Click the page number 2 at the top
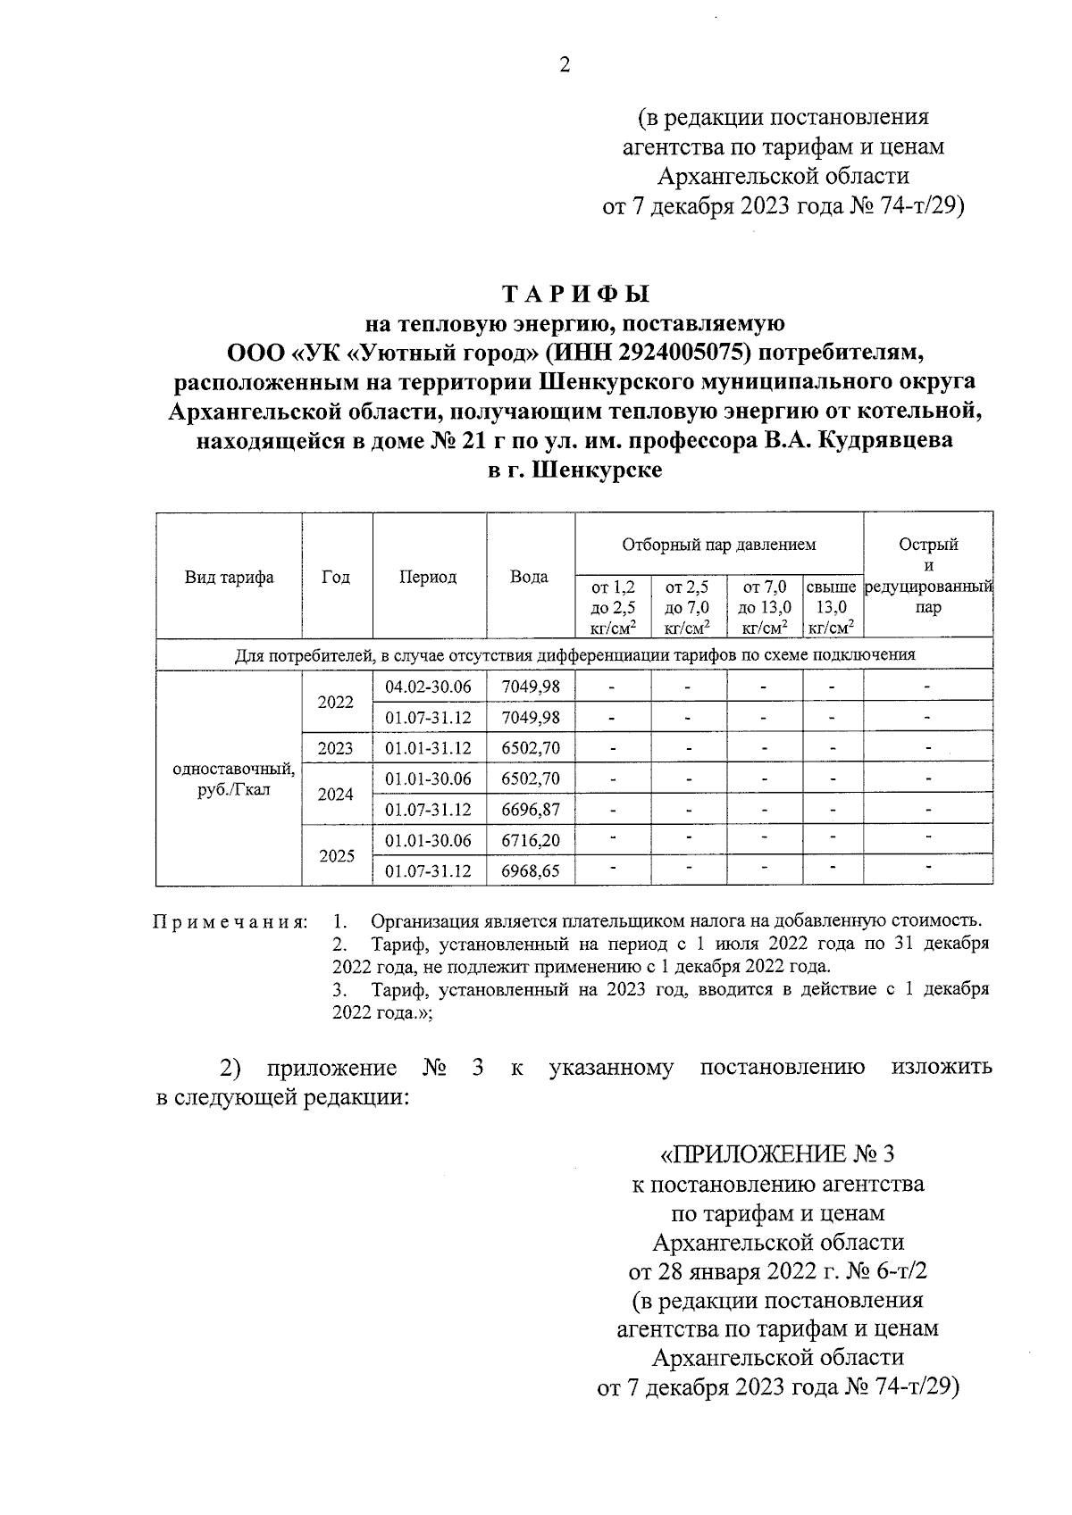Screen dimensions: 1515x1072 (564, 65)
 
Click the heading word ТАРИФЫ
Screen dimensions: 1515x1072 (575, 295)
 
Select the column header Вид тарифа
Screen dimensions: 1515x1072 (229, 578)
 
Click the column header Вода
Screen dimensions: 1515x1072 (529, 578)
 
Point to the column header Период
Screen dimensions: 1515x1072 (428, 578)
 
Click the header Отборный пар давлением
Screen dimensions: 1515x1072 (718, 544)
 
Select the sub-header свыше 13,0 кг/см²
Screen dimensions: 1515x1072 (832, 608)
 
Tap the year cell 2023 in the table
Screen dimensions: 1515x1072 (336, 748)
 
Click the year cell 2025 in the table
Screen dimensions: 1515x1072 (337, 856)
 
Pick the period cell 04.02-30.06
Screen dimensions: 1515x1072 (428, 687)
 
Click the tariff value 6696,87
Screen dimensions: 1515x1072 (531, 810)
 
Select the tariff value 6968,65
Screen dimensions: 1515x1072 (531, 871)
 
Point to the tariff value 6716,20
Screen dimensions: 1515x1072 (531, 841)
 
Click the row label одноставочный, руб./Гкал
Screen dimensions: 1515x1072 (232, 779)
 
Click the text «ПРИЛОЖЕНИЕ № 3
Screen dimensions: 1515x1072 (776, 1154)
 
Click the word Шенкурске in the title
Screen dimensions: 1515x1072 (597, 470)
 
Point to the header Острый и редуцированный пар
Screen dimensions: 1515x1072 (928, 576)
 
